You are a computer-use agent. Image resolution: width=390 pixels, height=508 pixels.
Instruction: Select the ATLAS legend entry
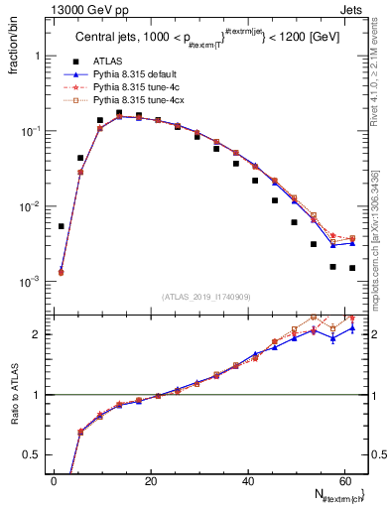[109, 62]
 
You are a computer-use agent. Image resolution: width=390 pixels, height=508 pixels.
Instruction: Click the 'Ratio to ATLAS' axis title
[13, 394]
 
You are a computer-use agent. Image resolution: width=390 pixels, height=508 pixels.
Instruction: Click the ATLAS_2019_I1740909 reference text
[207, 297]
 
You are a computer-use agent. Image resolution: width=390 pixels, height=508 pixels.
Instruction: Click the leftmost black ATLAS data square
[61, 226]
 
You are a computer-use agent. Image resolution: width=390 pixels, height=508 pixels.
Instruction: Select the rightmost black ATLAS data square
[351, 268]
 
